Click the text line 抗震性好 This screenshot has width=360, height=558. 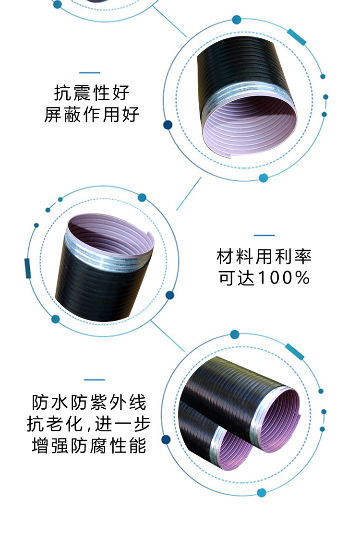coord(92,93)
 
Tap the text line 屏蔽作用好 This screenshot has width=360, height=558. coord(92,115)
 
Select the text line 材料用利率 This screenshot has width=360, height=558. coord(264,257)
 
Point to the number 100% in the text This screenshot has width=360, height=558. coord(284,278)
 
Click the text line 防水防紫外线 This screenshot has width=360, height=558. coord(89,403)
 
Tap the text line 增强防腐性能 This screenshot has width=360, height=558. coord(89,446)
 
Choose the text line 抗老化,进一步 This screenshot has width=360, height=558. coord(89,424)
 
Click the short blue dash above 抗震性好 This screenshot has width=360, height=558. coord(90,73)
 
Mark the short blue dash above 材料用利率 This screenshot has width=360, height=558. coord(264,235)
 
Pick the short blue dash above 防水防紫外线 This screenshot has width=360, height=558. coord(95,380)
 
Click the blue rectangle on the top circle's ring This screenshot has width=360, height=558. coord(297,37)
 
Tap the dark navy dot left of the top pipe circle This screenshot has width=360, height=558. coord(168,125)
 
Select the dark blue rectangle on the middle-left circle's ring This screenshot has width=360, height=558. coord(27,268)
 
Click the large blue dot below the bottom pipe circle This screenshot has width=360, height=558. coord(262,493)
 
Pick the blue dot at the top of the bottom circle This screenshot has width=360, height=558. coord(235,334)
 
